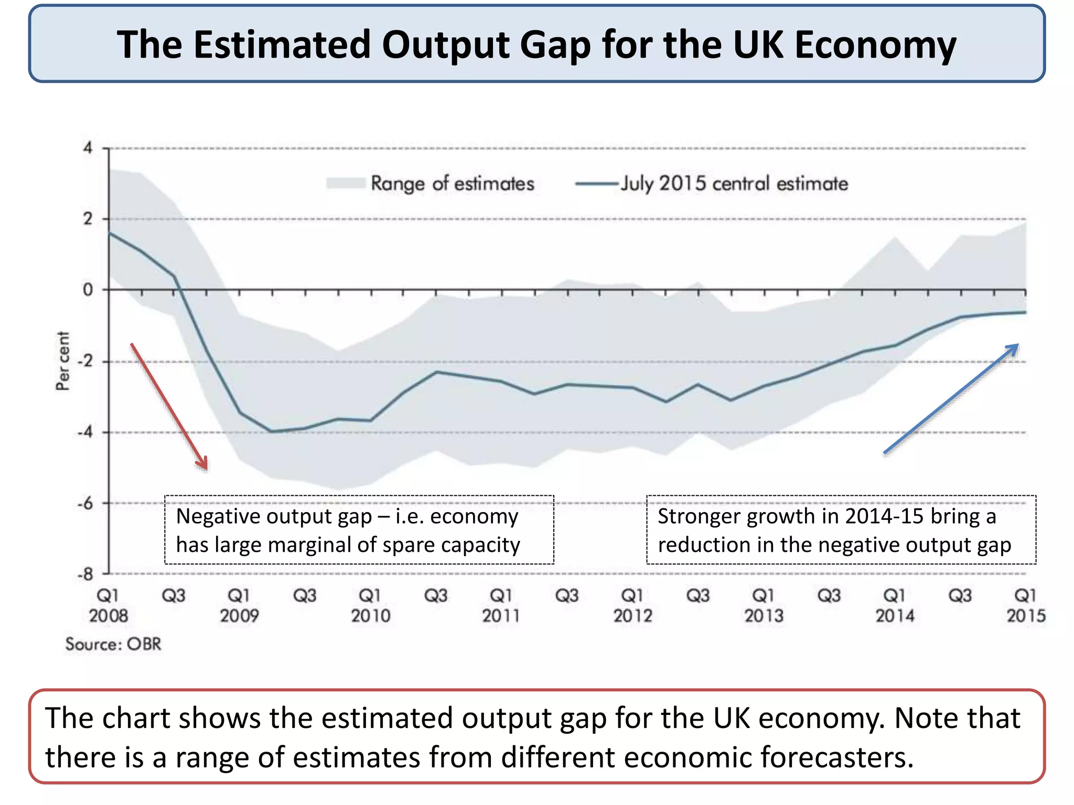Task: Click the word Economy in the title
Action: [875, 45]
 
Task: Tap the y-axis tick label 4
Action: [88, 148]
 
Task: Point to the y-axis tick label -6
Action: [85, 504]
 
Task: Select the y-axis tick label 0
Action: [88, 290]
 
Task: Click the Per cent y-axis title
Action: [63, 361]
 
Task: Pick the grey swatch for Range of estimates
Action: [346, 183]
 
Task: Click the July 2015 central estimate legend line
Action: [597, 184]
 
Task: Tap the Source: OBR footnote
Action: [113, 644]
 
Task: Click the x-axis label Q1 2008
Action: [109, 605]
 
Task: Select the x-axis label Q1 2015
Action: [1025, 605]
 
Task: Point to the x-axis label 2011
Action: [501, 615]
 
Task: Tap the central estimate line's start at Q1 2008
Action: [110, 233]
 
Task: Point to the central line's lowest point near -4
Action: [272, 431]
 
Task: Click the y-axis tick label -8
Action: [85, 574]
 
